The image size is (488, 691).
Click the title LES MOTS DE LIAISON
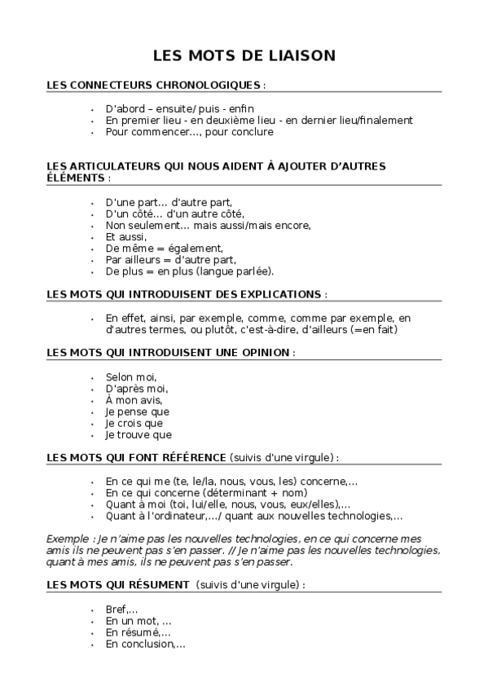click(244, 56)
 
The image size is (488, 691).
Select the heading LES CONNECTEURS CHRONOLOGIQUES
click(155, 85)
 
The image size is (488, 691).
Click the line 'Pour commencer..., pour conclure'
click(190, 131)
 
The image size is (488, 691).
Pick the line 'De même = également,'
click(164, 248)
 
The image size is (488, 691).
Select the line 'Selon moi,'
click(130, 376)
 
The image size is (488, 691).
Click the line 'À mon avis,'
click(134, 399)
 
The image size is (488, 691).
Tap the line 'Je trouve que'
click(138, 434)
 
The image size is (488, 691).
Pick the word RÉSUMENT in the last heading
click(160, 585)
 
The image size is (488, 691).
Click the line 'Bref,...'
click(121, 610)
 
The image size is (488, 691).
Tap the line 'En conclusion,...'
click(145, 644)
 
